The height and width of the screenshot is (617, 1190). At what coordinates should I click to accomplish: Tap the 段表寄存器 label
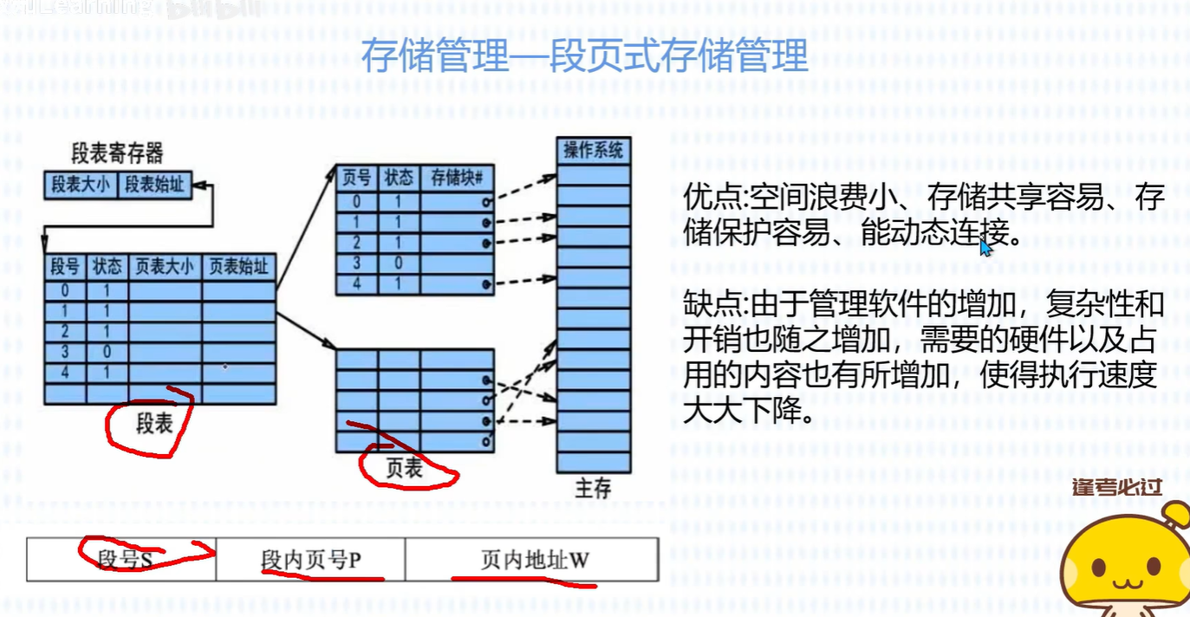[117, 154]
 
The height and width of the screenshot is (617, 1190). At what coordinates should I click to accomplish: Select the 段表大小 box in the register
[81, 185]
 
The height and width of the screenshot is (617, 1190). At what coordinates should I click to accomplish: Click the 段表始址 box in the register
[154, 185]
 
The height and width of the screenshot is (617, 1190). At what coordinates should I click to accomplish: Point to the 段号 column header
[65, 267]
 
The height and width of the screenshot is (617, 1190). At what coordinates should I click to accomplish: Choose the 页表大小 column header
[165, 267]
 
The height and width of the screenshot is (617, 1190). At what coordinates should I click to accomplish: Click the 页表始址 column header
[238, 267]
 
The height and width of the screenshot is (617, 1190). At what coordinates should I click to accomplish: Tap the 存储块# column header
[457, 178]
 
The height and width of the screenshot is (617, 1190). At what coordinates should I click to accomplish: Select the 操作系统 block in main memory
[594, 150]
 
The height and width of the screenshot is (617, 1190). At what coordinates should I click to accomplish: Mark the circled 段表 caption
[153, 424]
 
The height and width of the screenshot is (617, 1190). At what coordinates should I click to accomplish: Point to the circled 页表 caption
[404, 468]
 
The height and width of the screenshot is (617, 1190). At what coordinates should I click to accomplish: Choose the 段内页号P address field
[310, 560]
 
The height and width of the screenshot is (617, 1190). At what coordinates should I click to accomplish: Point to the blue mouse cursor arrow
[985, 247]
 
